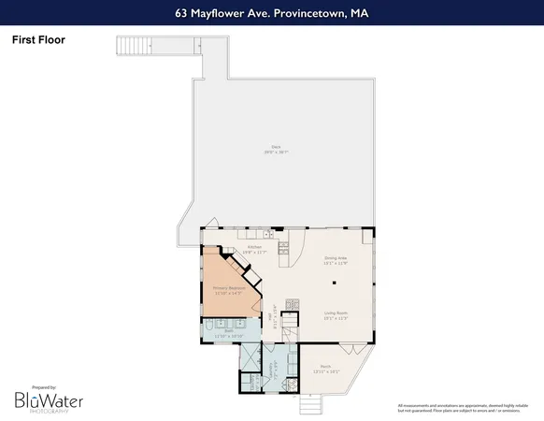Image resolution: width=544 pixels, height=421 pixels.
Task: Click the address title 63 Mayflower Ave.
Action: coord(271,13)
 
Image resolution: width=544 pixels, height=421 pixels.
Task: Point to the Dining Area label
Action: coord(336,261)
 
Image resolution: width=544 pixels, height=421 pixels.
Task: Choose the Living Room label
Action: coord(336,315)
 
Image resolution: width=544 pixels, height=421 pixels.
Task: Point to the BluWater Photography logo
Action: coord(48,400)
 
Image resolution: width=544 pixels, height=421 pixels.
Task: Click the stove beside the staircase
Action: coord(292,303)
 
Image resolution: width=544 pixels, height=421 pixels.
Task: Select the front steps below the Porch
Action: coord(311,404)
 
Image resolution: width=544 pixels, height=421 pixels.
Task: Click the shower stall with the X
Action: coord(251,356)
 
